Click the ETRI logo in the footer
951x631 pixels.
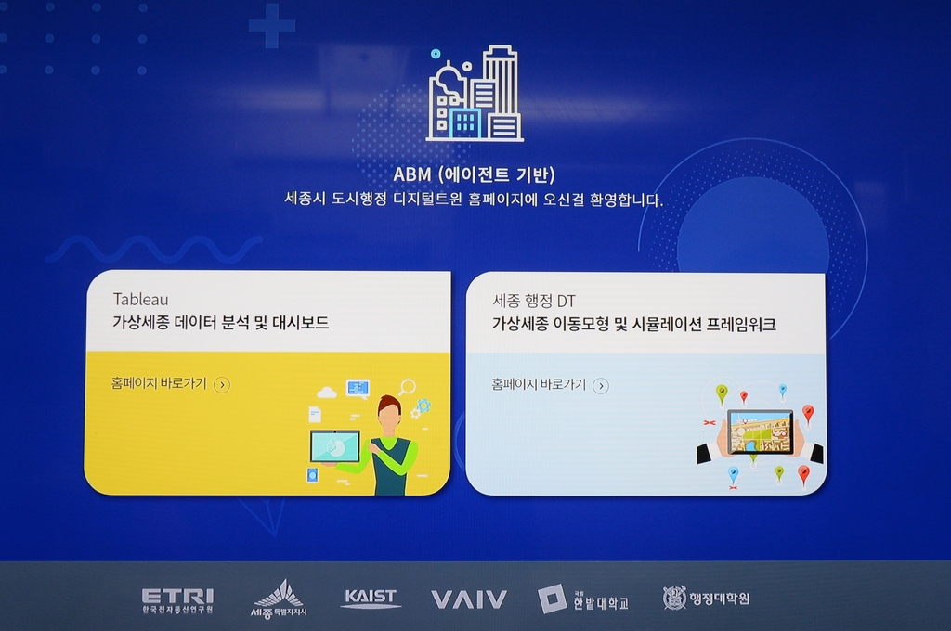point(177,600)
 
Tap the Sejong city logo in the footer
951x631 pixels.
point(279,599)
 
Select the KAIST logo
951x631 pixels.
point(370,599)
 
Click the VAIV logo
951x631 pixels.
point(468,599)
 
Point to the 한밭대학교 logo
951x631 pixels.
point(583,599)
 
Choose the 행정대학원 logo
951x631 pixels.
point(706,599)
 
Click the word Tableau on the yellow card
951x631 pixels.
point(141,299)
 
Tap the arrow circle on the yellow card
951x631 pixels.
point(222,385)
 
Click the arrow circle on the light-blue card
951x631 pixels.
point(601,386)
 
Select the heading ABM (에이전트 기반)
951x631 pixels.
point(474,174)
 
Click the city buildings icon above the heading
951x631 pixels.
point(475,94)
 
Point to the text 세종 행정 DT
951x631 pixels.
point(534,301)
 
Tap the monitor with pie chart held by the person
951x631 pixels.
point(334,446)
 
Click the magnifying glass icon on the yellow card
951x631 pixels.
point(407,387)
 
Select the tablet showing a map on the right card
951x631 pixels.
point(761,431)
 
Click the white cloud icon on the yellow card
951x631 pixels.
point(327,393)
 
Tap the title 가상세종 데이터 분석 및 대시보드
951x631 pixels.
point(221,323)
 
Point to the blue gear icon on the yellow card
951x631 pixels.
point(423,405)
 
